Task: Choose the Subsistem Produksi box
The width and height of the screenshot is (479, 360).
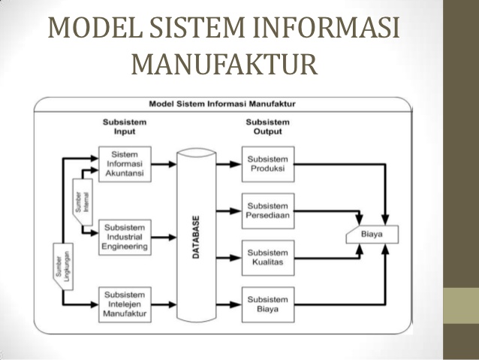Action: tap(268, 164)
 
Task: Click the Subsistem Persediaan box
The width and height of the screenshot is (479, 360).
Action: tap(268, 210)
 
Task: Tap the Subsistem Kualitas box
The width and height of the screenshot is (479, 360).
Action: tap(268, 256)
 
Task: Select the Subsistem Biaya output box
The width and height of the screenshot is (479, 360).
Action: tap(268, 304)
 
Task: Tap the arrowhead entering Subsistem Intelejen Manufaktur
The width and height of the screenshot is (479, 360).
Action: tap(95, 304)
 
